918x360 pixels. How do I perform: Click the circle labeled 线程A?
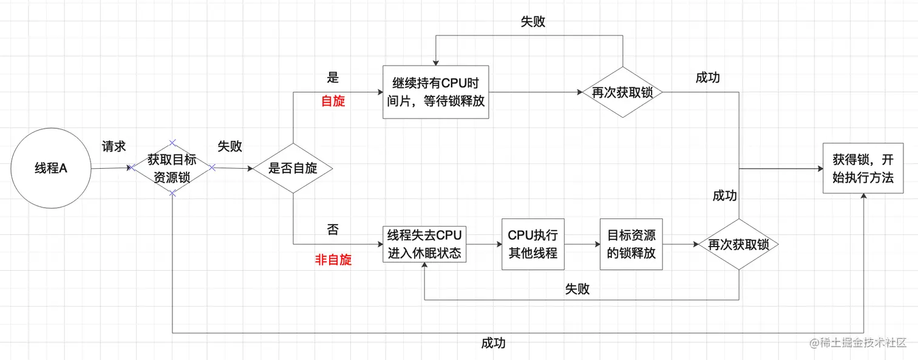click(x=51, y=168)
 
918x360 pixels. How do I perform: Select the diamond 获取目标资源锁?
click(x=172, y=168)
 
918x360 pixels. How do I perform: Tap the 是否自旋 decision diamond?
click(x=293, y=168)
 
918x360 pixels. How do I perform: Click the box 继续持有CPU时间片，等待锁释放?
click(x=436, y=92)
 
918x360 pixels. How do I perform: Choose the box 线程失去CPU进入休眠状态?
click(x=425, y=244)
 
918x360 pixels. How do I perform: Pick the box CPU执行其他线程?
click(x=533, y=244)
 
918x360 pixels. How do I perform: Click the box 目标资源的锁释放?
click(x=631, y=244)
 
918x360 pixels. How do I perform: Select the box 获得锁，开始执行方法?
click(x=863, y=168)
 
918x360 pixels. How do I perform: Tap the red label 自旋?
click(x=333, y=101)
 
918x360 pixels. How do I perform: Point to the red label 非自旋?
click(x=333, y=260)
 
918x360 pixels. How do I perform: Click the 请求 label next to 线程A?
click(x=114, y=146)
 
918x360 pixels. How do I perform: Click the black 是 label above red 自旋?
click(x=333, y=78)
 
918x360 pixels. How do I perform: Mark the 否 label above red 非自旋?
click(x=333, y=229)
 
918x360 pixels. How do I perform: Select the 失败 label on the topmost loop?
click(x=532, y=22)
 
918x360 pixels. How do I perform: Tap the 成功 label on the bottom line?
click(x=493, y=343)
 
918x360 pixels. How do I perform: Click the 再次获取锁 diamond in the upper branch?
click(x=623, y=93)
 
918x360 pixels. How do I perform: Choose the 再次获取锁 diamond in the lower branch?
click(x=738, y=245)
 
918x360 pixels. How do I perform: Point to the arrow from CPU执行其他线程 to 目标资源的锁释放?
click(x=582, y=245)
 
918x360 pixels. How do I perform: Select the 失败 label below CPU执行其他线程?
click(x=577, y=289)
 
